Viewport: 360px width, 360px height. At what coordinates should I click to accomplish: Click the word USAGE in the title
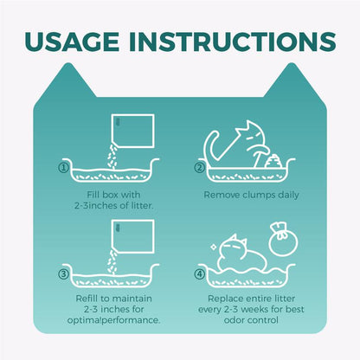pos(72,42)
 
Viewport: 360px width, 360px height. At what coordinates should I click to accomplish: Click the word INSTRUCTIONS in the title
pos(233,42)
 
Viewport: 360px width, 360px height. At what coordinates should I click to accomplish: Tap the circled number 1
pos(63,168)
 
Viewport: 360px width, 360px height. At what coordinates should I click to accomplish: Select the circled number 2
pos(199,168)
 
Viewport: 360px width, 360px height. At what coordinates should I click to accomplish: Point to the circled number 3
pos(63,274)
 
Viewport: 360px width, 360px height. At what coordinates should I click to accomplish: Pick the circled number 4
pos(199,274)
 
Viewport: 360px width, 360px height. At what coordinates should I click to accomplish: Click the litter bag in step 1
pos(133,131)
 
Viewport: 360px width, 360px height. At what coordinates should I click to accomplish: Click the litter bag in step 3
pos(133,236)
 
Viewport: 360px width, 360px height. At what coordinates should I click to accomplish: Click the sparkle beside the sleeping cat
pos(214,247)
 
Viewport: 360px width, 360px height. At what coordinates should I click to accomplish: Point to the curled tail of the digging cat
pos(214,145)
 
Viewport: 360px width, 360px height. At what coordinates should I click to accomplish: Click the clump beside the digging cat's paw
pos(273,161)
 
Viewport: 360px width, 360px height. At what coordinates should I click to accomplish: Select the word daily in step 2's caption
pos(288,195)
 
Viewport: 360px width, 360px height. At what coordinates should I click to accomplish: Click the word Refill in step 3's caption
pos(86,299)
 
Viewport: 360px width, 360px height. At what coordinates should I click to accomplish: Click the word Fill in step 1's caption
pos(93,195)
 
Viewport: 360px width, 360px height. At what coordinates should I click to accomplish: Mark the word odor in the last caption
pos(234,320)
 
